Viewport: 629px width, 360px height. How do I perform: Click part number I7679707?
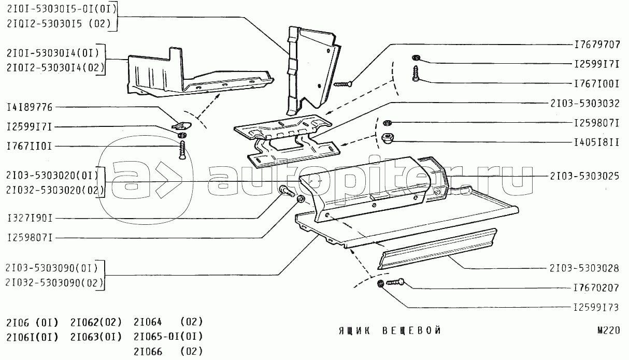coord(597,45)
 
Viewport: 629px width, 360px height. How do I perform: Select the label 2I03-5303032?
coord(585,103)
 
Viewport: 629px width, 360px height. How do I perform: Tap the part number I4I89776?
coord(30,107)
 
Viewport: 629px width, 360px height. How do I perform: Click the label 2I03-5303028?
coord(585,269)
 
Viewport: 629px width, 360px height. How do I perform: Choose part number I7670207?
coord(597,287)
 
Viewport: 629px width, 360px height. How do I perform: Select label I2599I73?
coord(597,307)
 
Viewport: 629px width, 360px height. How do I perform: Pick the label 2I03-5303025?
coord(585,176)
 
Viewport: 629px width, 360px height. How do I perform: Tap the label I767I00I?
coord(597,83)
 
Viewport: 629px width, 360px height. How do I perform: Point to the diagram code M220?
coord(608,330)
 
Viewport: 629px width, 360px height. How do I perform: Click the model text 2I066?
coord(148,352)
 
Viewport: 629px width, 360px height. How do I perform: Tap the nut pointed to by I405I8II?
coord(387,138)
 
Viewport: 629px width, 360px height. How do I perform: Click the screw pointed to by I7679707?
coord(342,82)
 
